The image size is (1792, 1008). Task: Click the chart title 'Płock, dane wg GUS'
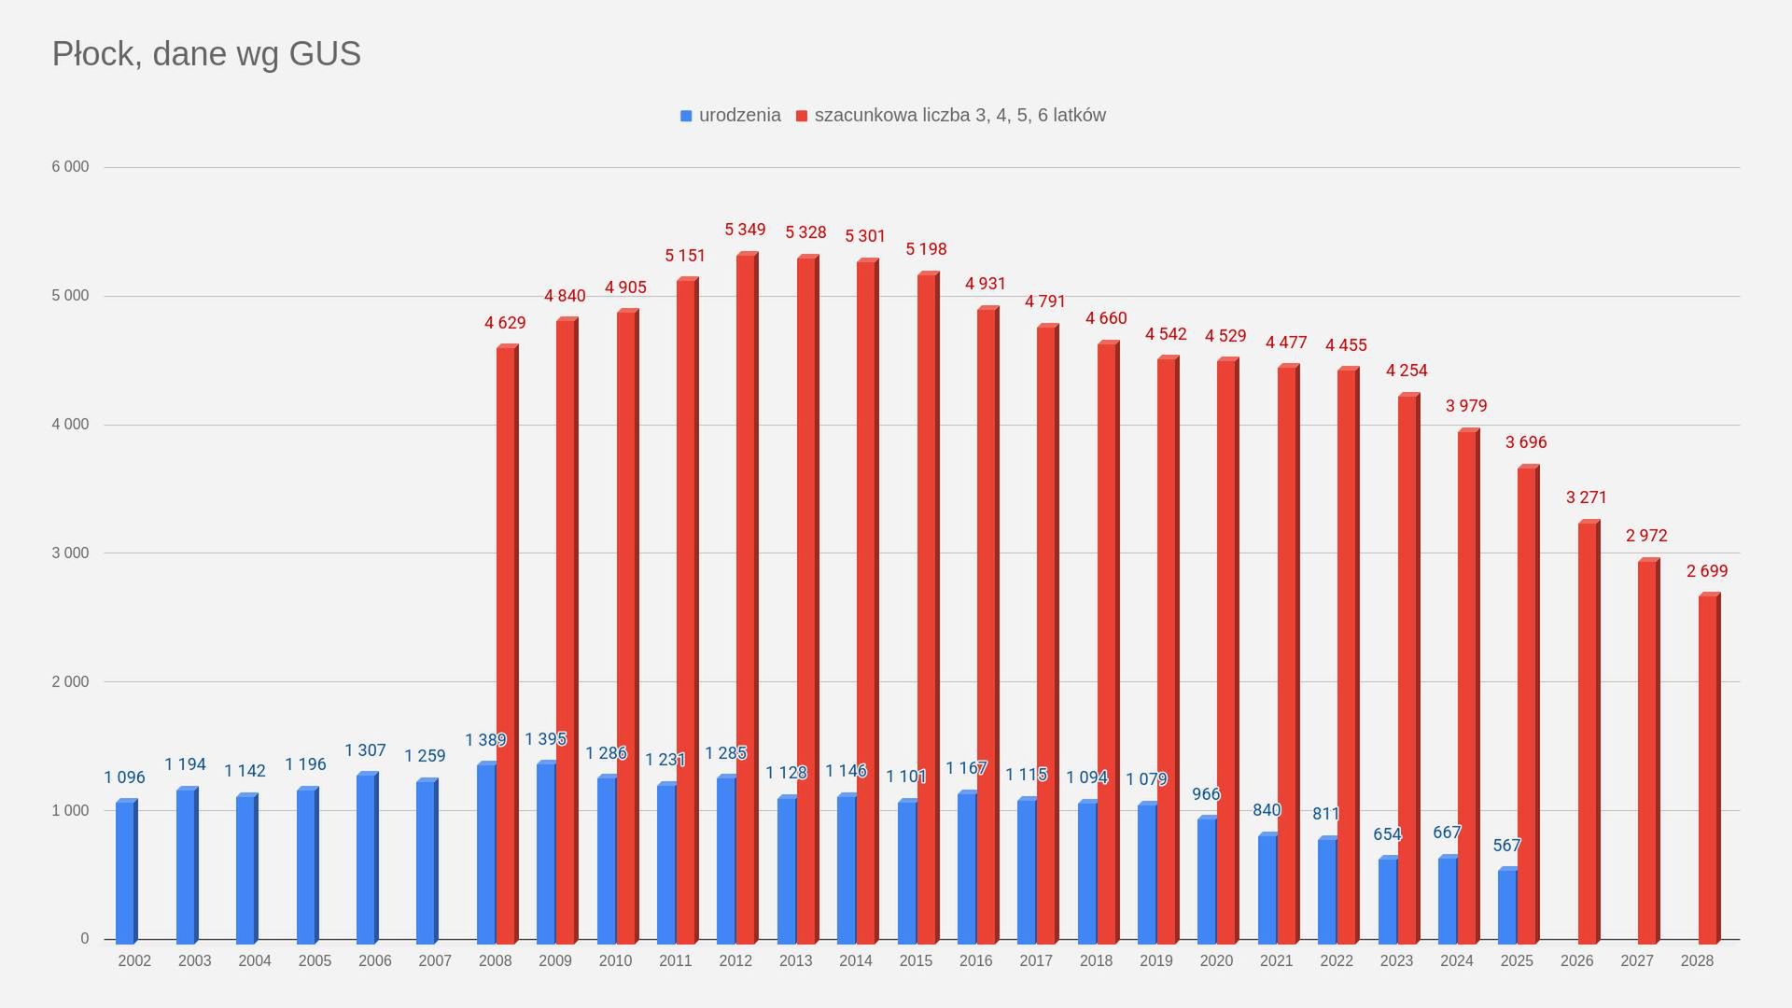[206, 54]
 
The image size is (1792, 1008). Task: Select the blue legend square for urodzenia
[686, 116]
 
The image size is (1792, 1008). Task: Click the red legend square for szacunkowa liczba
[802, 116]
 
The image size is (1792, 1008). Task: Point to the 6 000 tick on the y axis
[70, 167]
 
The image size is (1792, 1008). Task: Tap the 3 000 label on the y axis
[70, 553]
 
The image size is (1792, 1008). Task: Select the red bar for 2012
[746, 597]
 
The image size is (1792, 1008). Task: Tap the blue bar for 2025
[1507, 905]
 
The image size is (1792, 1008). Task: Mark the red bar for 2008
[506, 644]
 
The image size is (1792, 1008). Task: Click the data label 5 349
[745, 230]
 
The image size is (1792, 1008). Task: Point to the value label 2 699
[1707, 571]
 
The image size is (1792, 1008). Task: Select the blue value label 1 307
[365, 750]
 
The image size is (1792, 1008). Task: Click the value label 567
[1506, 846]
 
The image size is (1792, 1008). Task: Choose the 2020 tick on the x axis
[1216, 960]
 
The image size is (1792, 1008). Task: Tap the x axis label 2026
[1576, 960]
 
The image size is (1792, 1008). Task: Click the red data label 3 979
[1466, 406]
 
